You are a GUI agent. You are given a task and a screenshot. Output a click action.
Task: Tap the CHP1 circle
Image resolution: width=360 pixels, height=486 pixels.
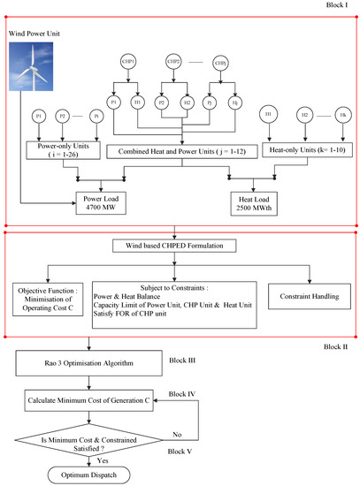129,61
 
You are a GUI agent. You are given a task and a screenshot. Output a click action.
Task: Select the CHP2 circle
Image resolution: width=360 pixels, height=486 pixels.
174,61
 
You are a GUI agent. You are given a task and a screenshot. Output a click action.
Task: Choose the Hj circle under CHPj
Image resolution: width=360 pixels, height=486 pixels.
235,103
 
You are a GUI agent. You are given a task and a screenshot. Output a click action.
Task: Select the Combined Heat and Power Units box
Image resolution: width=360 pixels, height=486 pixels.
180,152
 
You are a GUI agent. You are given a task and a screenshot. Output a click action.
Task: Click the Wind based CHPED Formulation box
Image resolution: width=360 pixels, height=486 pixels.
180,244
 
